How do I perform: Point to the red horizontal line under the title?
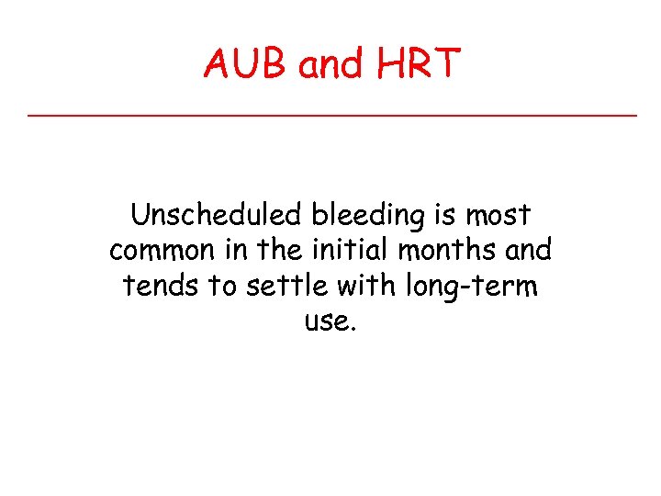[330, 115]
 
